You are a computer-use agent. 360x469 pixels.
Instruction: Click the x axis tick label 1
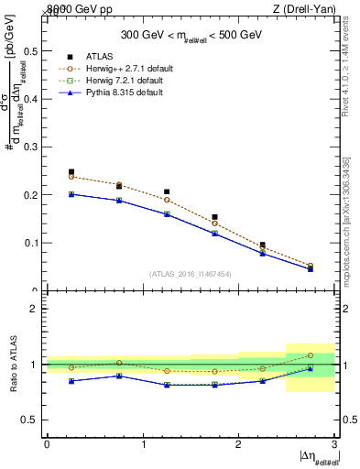click(143, 443)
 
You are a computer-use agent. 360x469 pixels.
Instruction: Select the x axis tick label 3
click(334, 443)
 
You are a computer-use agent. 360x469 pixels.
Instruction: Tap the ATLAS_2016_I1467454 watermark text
click(191, 273)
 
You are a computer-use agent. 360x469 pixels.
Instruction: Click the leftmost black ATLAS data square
click(71, 171)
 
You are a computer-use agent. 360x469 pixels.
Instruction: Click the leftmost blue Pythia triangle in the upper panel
click(71, 194)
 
